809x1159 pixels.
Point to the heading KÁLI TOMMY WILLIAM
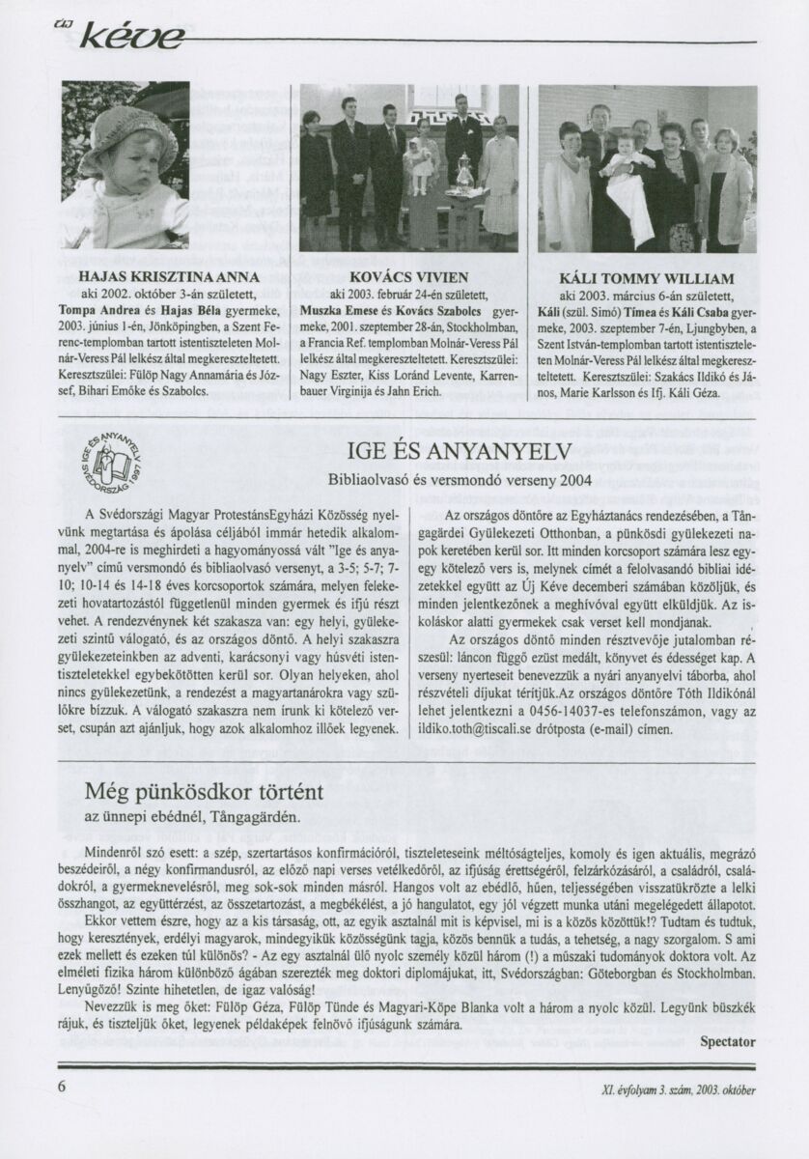coord(647,278)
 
